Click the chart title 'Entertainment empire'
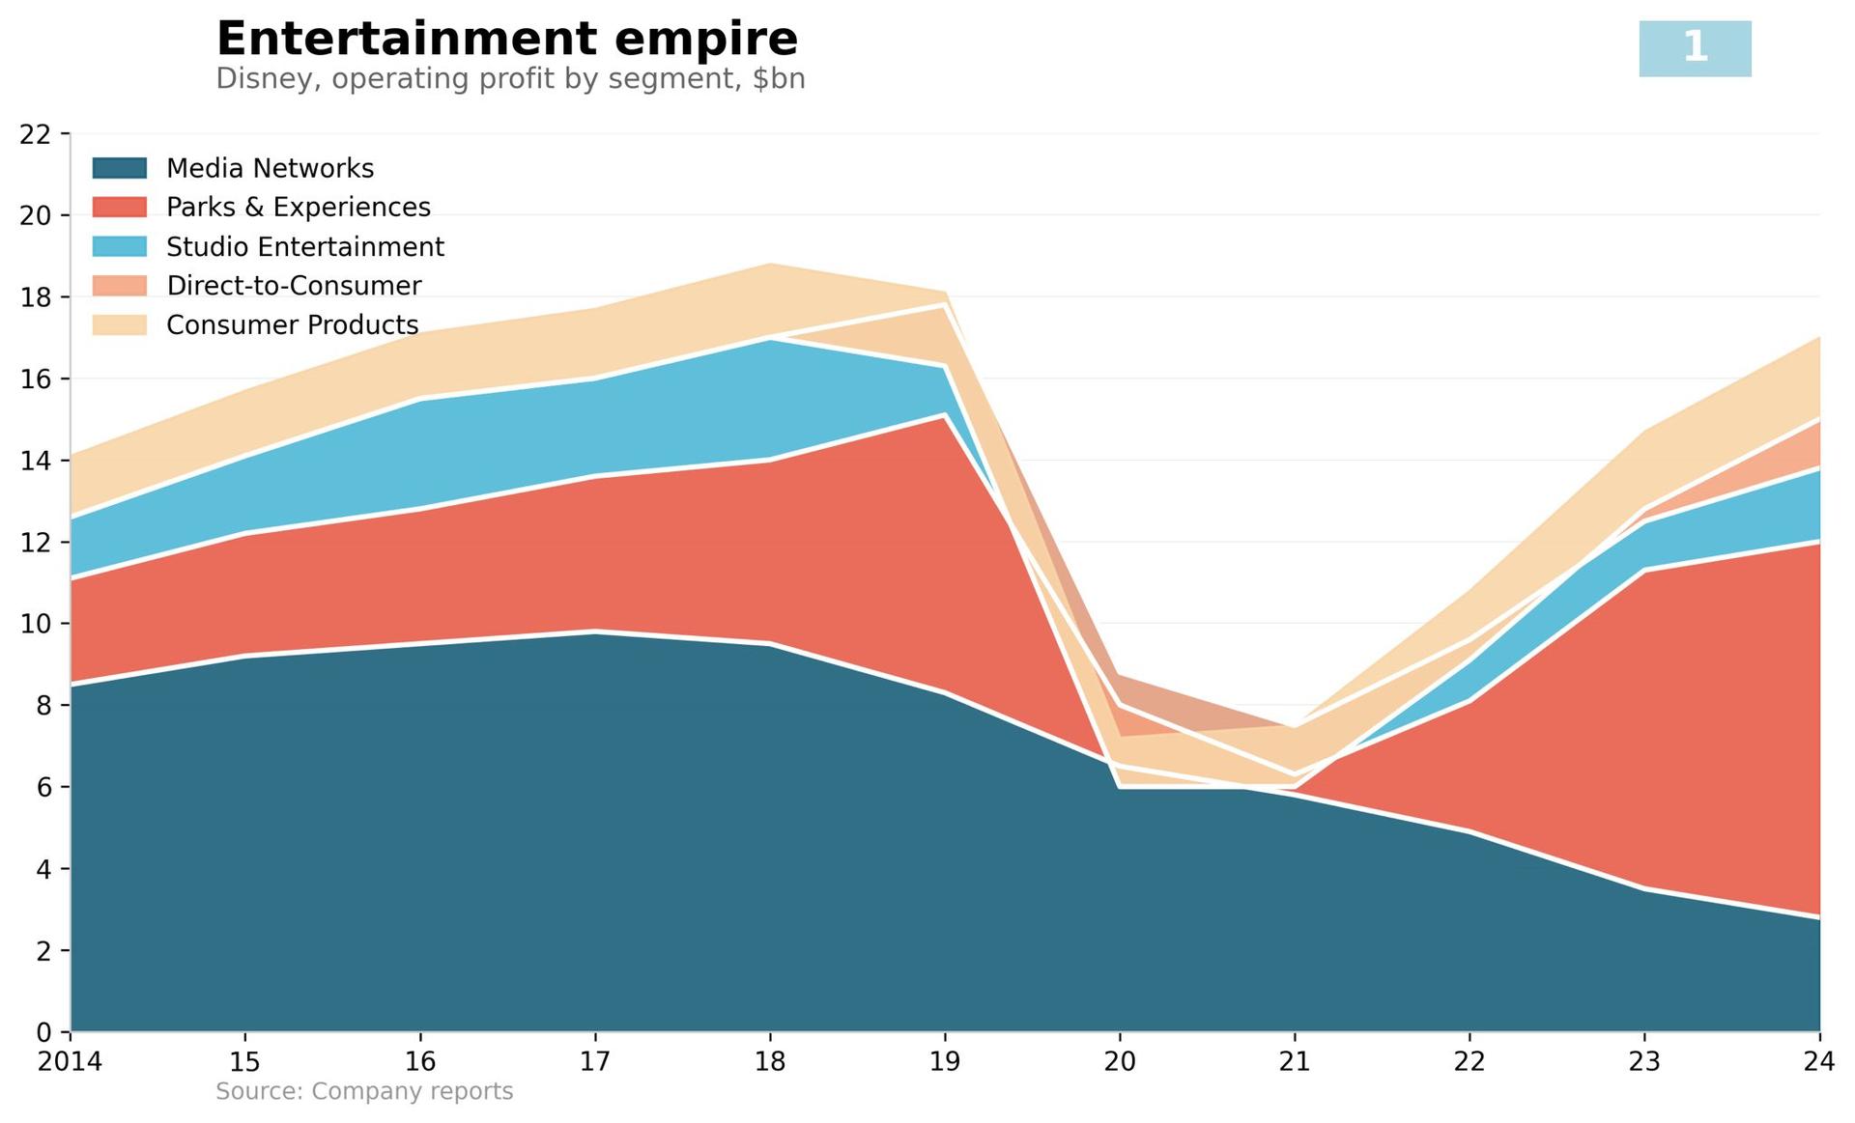pos(506,40)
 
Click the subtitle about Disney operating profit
pos(510,79)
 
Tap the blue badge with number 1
pos(1695,48)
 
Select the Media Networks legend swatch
pos(120,168)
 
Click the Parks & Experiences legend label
pos(298,208)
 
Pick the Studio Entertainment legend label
pos(304,247)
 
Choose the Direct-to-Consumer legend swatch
pos(120,286)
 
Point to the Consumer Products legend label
pos(292,325)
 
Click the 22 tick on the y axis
pos(35,134)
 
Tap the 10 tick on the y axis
pos(35,624)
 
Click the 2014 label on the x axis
pos(70,1062)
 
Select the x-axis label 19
pos(945,1062)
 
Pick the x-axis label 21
pos(1295,1062)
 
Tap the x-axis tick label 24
pos(1818,1062)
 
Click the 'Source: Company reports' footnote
pos(364,1092)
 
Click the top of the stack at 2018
pos(770,264)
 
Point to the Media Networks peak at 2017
pos(595,632)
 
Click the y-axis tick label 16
pos(35,379)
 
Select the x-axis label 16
pos(420,1062)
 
